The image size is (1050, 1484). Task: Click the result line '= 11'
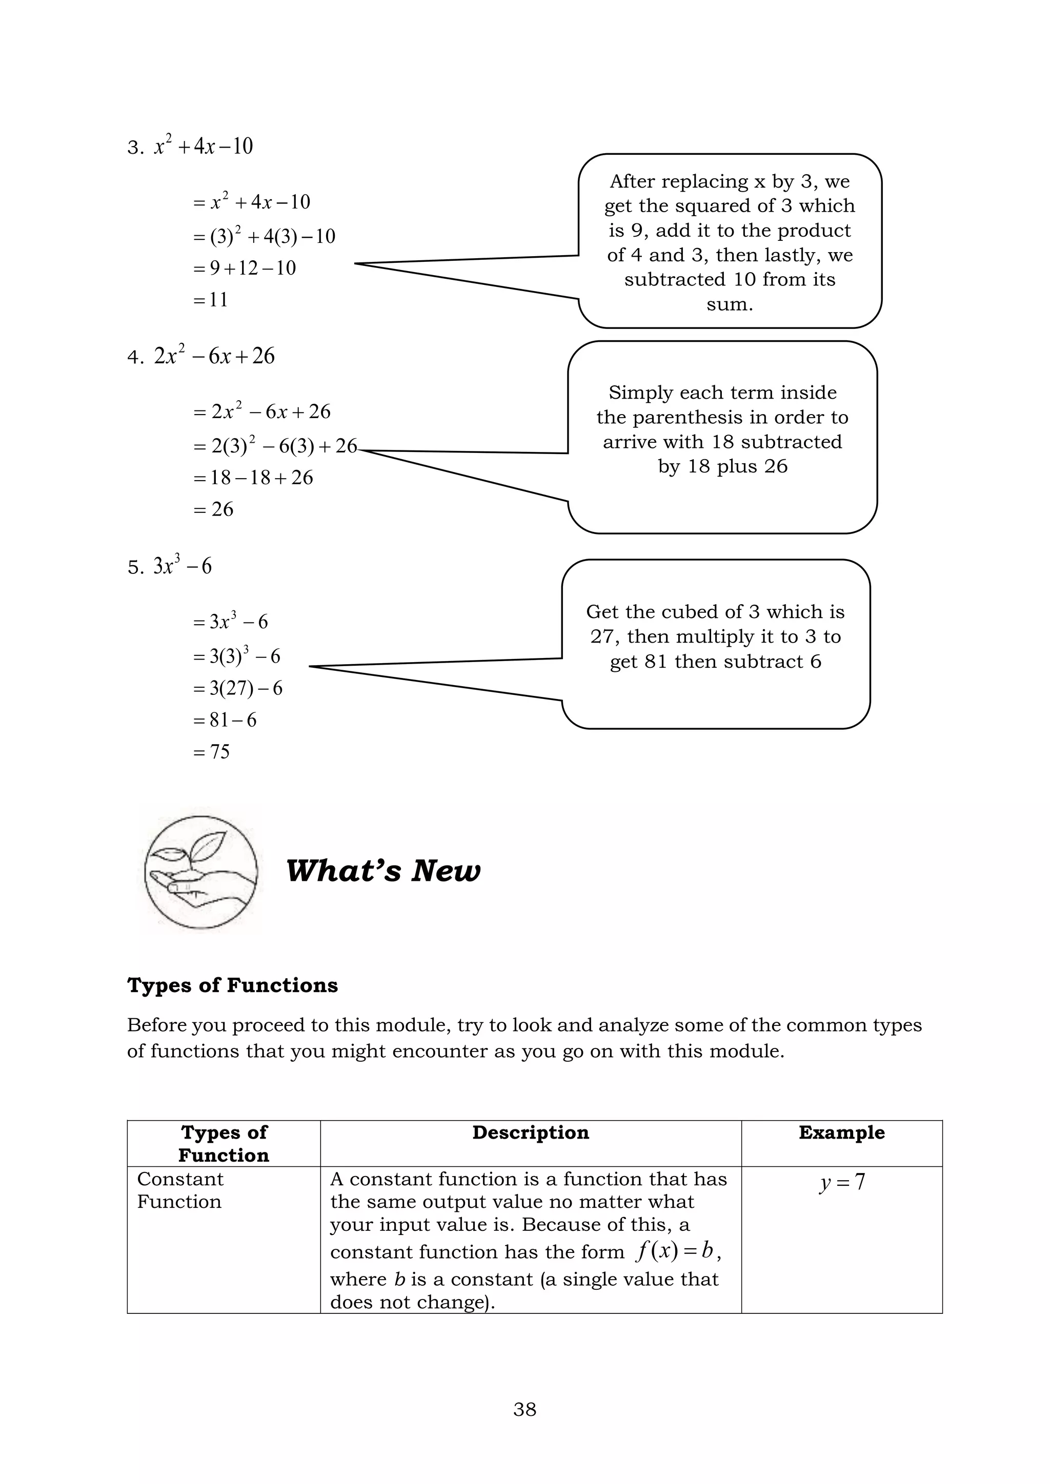coord(211,300)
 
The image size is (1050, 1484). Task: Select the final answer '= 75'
coord(211,752)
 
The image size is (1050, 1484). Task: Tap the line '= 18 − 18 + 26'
coord(253,478)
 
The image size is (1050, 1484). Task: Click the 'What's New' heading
coord(383,871)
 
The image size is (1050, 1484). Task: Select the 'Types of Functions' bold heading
coord(232,985)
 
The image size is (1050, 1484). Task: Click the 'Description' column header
coord(530,1132)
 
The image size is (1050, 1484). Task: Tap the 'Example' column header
coord(841,1132)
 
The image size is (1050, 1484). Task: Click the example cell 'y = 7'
coord(841,1182)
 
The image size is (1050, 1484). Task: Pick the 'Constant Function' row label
coord(180,1190)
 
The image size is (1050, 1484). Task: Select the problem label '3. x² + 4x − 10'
coord(190,147)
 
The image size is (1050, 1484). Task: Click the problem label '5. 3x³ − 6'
coord(169,567)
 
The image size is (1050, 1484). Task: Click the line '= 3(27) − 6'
coord(238,688)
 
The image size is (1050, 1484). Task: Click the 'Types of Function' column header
coord(224,1143)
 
